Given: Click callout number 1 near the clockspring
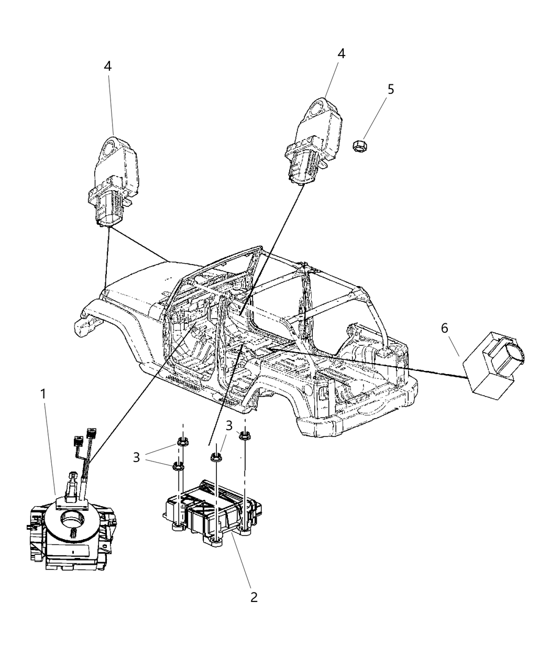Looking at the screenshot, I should click(44, 393).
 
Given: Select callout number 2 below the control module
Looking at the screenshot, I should click(254, 597).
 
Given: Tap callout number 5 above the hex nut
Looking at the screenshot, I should click(390, 89).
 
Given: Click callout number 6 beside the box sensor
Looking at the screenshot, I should click(444, 328).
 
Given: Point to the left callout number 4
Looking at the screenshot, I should click(108, 66).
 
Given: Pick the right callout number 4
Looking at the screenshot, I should click(341, 53).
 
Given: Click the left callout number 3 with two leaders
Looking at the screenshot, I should click(136, 457).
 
